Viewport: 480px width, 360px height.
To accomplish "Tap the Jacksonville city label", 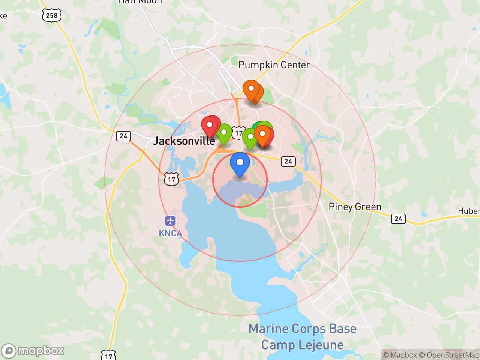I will pyautogui.click(x=184, y=141).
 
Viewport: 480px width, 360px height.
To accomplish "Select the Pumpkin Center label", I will pyautogui.click(x=274, y=65).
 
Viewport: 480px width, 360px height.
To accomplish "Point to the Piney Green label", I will pyautogui.click(x=355, y=207).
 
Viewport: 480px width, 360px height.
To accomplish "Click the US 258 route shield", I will pyautogui.click(x=52, y=15).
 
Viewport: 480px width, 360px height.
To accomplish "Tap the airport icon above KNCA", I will pyautogui.click(x=170, y=221).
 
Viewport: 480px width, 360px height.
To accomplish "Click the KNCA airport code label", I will pyautogui.click(x=170, y=233).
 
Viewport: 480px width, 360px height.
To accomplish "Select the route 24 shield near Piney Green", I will pyautogui.click(x=398, y=219).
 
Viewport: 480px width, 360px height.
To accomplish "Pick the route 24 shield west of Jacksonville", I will pyautogui.click(x=123, y=136).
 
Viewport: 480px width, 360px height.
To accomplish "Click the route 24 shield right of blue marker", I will pyautogui.click(x=288, y=161).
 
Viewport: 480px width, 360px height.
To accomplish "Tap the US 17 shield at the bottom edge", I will pyautogui.click(x=108, y=355).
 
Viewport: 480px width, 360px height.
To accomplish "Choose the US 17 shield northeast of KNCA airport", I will pyautogui.click(x=171, y=179).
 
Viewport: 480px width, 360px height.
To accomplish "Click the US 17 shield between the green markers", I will pyautogui.click(x=238, y=133).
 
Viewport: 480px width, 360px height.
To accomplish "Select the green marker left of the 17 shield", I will pyautogui.click(x=224, y=133).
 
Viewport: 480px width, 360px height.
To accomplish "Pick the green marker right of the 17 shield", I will pyautogui.click(x=250, y=137).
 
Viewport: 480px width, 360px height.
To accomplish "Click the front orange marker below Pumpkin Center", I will pyautogui.click(x=251, y=89).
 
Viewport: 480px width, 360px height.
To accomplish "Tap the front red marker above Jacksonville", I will pyautogui.click(x=210, y=125).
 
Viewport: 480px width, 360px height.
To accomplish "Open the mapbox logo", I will pyautogui.click(x=33, y=351).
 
